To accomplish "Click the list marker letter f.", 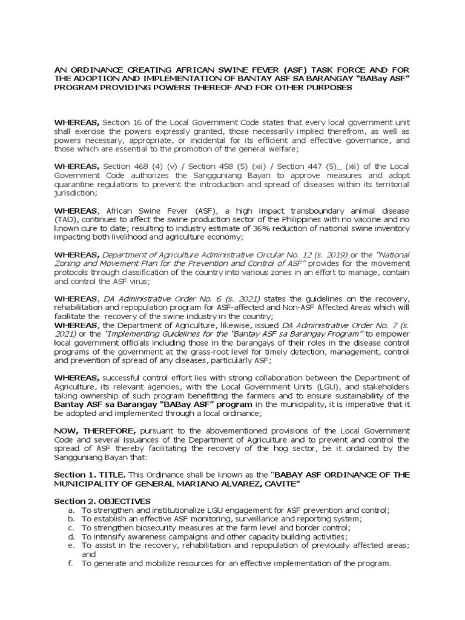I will click(71, 563).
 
